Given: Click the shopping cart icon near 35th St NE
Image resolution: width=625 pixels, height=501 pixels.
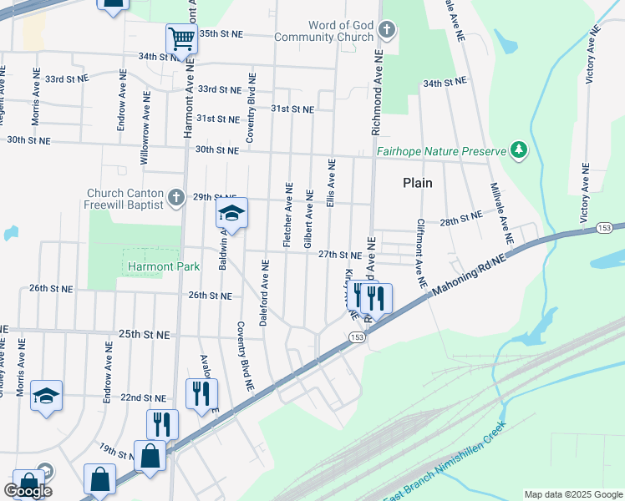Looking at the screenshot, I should pos(181,38).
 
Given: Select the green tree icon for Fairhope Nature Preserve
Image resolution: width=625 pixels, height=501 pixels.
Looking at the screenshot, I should pos(521,150).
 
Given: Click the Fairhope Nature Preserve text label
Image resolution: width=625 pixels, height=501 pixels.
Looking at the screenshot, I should pos(441,151).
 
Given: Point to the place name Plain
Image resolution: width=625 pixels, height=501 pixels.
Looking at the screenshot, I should pos(418,183).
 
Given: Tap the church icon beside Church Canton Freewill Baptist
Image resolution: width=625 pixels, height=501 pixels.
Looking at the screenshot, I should pos(175,197).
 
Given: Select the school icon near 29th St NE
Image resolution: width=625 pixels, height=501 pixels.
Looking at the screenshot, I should pos(231,214).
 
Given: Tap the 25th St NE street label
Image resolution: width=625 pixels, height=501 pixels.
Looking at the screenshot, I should pos(144,334).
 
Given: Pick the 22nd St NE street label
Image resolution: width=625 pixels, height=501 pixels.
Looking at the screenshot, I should pos(143,397).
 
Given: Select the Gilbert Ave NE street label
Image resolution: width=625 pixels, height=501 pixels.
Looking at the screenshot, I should pos(308,219).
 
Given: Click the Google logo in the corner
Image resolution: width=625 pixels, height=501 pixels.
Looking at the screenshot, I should pos(28,491).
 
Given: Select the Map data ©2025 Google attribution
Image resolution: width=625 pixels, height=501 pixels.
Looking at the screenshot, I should pos(572,494).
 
